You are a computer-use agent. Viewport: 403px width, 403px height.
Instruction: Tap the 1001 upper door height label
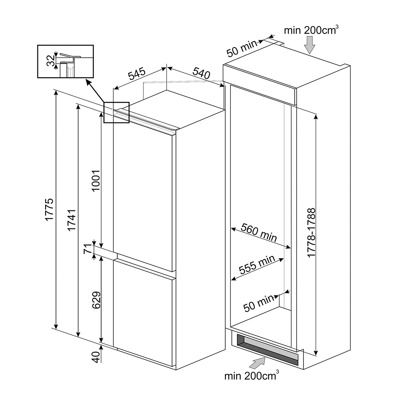(96, 180)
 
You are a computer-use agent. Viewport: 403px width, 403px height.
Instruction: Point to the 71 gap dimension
(88, 249)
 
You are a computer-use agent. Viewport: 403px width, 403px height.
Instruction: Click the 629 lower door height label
(96, 300)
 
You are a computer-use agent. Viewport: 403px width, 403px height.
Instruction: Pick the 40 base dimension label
(96, 357)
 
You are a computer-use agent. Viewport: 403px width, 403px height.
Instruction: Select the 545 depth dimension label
(137, 74)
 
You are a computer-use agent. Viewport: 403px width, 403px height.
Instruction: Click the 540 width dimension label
(201, 73)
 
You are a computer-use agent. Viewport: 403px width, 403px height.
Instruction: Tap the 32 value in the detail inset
(51, 61)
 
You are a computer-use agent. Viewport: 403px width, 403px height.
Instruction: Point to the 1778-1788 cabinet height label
(311, 233)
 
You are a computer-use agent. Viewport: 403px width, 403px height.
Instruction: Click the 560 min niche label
(259, 233)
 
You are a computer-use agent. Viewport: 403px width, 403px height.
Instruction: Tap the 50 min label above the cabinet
(242, 49)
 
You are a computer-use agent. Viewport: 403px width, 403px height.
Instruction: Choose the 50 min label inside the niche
(259, 303)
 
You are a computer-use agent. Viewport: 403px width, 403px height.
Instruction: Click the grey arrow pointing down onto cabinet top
(309, 45)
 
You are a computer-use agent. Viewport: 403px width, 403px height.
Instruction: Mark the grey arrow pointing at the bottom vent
(257, 363)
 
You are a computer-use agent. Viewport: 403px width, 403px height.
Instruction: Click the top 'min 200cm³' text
(311, 30)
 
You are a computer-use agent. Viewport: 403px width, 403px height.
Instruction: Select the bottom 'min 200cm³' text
(251, 376)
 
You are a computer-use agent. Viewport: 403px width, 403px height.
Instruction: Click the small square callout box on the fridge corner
(116, 112)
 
